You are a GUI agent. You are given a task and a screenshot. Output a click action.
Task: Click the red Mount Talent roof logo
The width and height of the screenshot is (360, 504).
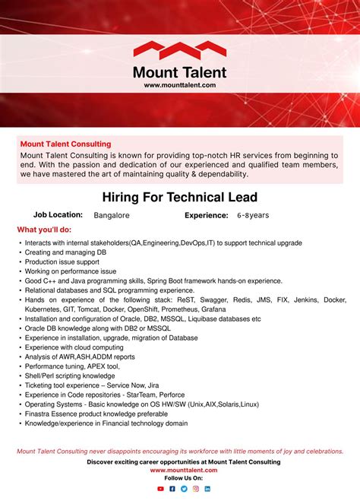tap(180, 51)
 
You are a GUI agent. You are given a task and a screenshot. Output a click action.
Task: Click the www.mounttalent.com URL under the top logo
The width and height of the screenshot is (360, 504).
tap(180, 85)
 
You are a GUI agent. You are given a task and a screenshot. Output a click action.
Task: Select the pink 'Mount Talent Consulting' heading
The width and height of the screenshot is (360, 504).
tap(65, 144)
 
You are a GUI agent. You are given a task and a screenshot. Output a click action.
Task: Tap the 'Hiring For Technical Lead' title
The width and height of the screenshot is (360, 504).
tap(180, 198)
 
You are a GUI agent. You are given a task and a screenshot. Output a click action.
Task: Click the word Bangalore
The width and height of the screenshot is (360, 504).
tap(112, 215)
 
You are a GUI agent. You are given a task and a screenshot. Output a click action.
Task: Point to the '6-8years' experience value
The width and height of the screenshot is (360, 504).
tap(253, 215)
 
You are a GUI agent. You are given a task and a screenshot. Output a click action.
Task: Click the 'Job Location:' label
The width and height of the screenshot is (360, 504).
tap(58, 215)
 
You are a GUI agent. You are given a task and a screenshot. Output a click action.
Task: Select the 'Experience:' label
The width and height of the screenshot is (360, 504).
tap(207, 215)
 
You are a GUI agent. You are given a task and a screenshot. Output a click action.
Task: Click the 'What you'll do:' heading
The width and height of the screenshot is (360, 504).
tap(44, 230)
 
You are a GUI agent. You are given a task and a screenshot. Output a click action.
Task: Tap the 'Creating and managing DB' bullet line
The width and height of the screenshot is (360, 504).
tap(65, 252)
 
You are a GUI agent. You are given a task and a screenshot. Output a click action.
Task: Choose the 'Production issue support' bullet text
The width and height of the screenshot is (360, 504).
tap(62, 262)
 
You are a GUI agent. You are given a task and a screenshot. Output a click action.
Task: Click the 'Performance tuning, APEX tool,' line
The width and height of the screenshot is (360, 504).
tap(72, 366)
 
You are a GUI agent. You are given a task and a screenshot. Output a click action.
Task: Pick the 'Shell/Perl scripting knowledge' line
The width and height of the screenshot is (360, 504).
tap(70, 376)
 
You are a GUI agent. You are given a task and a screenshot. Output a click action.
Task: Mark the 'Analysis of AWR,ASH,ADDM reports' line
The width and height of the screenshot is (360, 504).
tap(80, 357)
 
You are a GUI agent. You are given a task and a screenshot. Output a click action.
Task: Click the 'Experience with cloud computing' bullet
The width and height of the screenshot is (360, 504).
tap(74, 347)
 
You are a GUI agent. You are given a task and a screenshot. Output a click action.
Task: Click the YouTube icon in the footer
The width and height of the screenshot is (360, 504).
tap(160, 489)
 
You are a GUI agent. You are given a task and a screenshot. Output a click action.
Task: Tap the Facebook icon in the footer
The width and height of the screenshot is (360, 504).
tap(172, 489)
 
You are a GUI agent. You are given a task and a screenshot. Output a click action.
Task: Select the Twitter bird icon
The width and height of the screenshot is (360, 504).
tap(184, 489)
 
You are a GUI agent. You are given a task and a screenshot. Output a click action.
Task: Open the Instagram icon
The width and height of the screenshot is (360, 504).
tap(196, 489)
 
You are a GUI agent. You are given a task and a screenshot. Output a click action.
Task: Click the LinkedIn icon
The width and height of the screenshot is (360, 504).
tap(207, 489)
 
